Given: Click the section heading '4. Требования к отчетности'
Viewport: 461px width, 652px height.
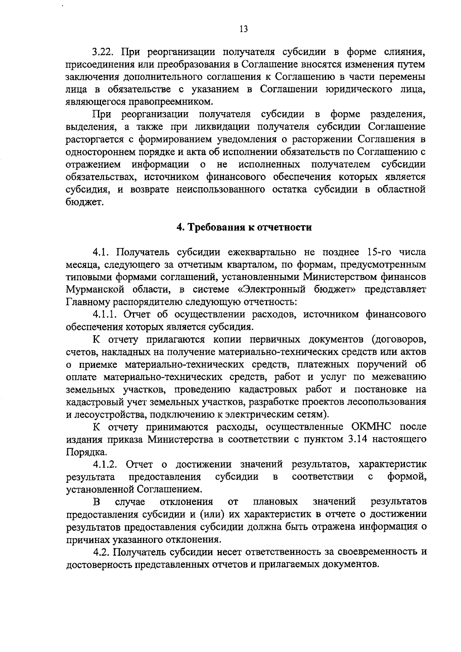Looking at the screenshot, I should [x=244, y=227].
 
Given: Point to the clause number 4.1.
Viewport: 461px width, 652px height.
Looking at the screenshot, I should [x=101, y=252].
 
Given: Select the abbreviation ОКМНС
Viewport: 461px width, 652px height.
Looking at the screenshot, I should [x=373, y=427].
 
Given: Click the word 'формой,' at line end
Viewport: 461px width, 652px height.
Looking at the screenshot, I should [x=407, y=477].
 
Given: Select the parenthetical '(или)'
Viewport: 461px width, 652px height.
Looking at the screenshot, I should [x=211, y=515].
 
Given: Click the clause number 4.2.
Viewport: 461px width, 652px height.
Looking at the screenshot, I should [x=101, y=552].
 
